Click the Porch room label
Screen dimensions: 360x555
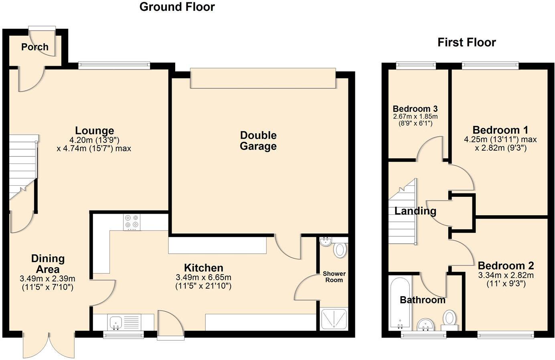tap(35, 47)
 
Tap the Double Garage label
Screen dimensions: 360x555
tap(258, 141)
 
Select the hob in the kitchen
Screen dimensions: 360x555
tap(132, 222)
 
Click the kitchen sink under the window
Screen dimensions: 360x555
tap(116, 322)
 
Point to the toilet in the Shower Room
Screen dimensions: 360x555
tap(340, 250)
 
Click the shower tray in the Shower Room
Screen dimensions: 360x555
tap(334, 319)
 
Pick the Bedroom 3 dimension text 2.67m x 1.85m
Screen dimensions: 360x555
tap(415, 117)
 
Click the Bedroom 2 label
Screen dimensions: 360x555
tap(506, 266)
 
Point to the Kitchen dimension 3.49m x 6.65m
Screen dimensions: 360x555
tap(203, 277)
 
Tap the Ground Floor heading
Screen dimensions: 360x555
tap(177, 7)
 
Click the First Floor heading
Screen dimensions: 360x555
tap(466, 42)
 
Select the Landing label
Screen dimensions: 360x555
tap(415, 211)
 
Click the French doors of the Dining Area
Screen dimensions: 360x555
tap(49, 345)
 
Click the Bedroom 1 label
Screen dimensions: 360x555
tap(500, 130)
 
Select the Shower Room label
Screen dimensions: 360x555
tap(334, 277)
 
